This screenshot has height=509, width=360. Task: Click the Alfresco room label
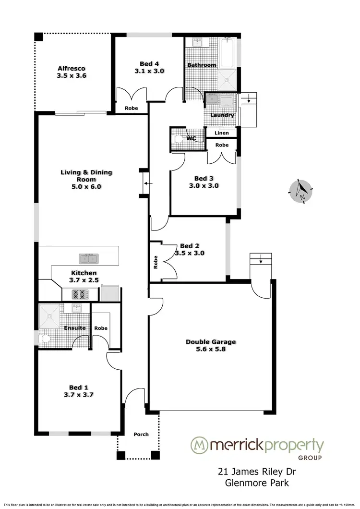[x=72, y=68]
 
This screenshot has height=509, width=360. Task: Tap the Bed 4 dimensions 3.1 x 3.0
[x=149, y=71]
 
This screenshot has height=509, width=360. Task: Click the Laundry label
[x=222, y=115]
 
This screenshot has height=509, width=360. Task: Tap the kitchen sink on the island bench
[x=89, y=259]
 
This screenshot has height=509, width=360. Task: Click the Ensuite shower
[x=50, y=315]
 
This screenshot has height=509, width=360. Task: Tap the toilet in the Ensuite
[x=45, y=339]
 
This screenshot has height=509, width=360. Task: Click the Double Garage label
[x=211, y=342]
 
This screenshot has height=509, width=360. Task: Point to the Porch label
[x=141, y=434]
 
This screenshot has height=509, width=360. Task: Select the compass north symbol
[x=301, y=192]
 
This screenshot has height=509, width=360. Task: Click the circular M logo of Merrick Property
[x=199, y=445]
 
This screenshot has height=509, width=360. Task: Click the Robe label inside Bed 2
[x=156, y=261]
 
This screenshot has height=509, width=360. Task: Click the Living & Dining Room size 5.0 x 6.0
[x=86, y=187]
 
